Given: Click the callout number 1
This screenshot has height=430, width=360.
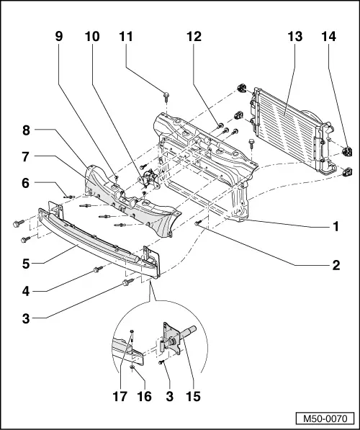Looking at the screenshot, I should coord(335,226).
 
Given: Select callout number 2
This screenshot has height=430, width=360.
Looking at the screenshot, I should coord(335,265).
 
